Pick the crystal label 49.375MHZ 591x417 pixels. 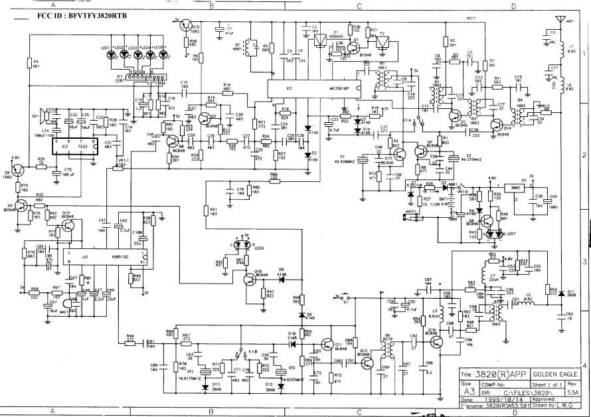(x=464, y=159)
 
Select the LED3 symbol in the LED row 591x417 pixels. (x=133, y=55)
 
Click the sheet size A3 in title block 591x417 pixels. (x=471, y=392)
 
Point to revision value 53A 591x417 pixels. (x=578, y=392)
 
